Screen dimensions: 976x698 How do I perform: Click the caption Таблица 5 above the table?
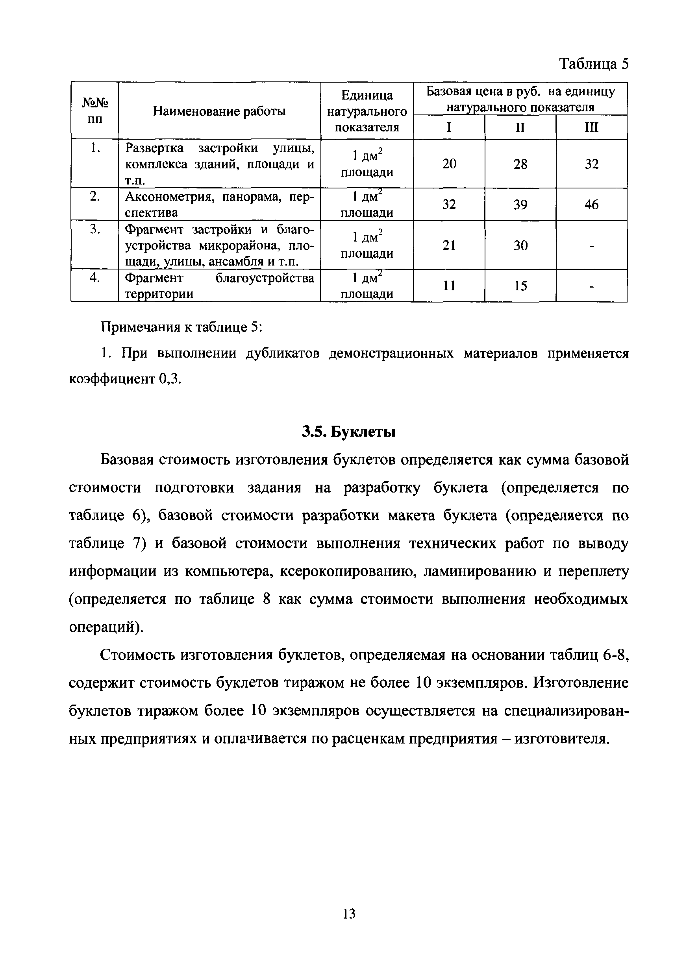[594, 64]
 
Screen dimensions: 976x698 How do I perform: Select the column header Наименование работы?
[219, 112]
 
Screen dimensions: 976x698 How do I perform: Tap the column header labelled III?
[591, 127]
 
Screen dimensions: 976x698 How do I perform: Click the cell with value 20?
[449, 164]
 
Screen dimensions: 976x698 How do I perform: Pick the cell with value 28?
[520, 164]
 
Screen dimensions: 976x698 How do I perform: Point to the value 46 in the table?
[591, 205]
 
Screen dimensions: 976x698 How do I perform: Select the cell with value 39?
[520, 205]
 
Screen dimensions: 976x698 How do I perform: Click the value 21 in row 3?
[449, 245]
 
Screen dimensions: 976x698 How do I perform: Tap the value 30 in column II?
[520, 245]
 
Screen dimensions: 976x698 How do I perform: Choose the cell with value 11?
[449, 286]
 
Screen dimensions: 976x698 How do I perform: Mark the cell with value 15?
[520, 286]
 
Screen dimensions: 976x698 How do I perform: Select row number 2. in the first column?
[95, 196]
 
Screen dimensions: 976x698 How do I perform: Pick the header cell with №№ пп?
[95, 111]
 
